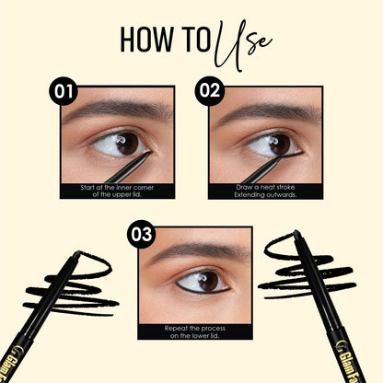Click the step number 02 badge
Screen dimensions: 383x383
pos(207,93)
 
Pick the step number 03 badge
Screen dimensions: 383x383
pos(141,234)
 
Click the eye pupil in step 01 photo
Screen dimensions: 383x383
pos(126,143)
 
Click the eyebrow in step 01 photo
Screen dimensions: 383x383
pos(115,109)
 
